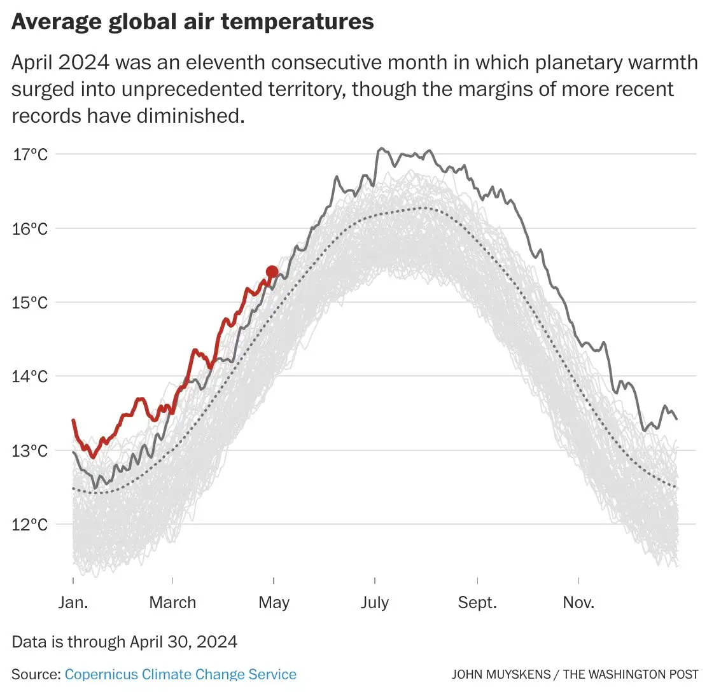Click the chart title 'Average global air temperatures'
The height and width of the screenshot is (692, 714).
click(x=193, y=22)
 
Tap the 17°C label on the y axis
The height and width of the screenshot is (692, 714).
click(x=30, y=155)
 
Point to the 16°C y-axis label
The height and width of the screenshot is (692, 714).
click(x=30, y=229)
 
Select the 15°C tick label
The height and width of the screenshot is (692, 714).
click(x=30, y=303)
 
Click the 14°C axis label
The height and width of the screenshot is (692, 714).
click(x=30, y=377)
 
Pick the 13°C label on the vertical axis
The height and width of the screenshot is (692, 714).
click(x=30, y=451)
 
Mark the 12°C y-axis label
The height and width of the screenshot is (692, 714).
click(x=30, y=525)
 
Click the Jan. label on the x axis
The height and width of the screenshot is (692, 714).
click(x=73, y=602)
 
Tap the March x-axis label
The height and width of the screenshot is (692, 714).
click(x=172, y=602)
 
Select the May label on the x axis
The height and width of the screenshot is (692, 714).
click(x=274, y=603)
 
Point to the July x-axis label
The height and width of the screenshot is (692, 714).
click(x=375, y=603)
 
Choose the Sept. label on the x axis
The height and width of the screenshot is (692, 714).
click(x=477, y=603)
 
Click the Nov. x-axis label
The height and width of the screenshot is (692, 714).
click(x=578, y=602)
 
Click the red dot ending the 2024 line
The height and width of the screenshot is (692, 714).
click(x=272, y=272)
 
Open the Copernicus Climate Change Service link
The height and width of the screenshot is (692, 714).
click(x=180, y=674)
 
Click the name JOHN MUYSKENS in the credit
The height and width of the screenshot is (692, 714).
click(x=501, y=675)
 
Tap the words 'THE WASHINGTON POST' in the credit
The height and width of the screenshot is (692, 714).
click(x=631, y=675)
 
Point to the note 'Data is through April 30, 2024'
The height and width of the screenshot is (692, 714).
click(x=124, y=642)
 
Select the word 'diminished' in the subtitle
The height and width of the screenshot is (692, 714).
click(x=191, y=116)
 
